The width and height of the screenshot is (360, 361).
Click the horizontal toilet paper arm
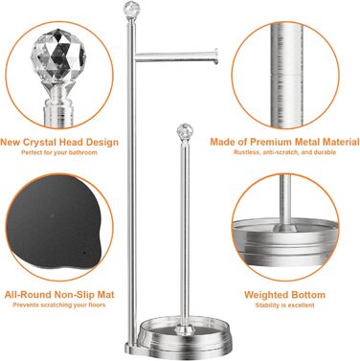click(176, 56)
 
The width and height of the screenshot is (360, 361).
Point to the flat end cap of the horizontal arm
click(216, 56)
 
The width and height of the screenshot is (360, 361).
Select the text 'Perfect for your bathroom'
click(59, 152)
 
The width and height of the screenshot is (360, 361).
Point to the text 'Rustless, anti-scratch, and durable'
click(284, 152)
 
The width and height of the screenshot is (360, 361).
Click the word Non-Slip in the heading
click(74, 295)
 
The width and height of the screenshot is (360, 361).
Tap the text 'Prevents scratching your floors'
click(59, 305)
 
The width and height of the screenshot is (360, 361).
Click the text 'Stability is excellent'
click(284, 305)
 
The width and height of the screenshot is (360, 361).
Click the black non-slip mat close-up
click(55, 222)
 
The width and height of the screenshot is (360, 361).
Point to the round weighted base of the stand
click(184, 335)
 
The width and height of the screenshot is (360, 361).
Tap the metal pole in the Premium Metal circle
click(286, 76)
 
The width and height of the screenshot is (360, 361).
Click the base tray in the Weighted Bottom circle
click(284, 246)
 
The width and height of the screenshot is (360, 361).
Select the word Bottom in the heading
click(309, 295)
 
